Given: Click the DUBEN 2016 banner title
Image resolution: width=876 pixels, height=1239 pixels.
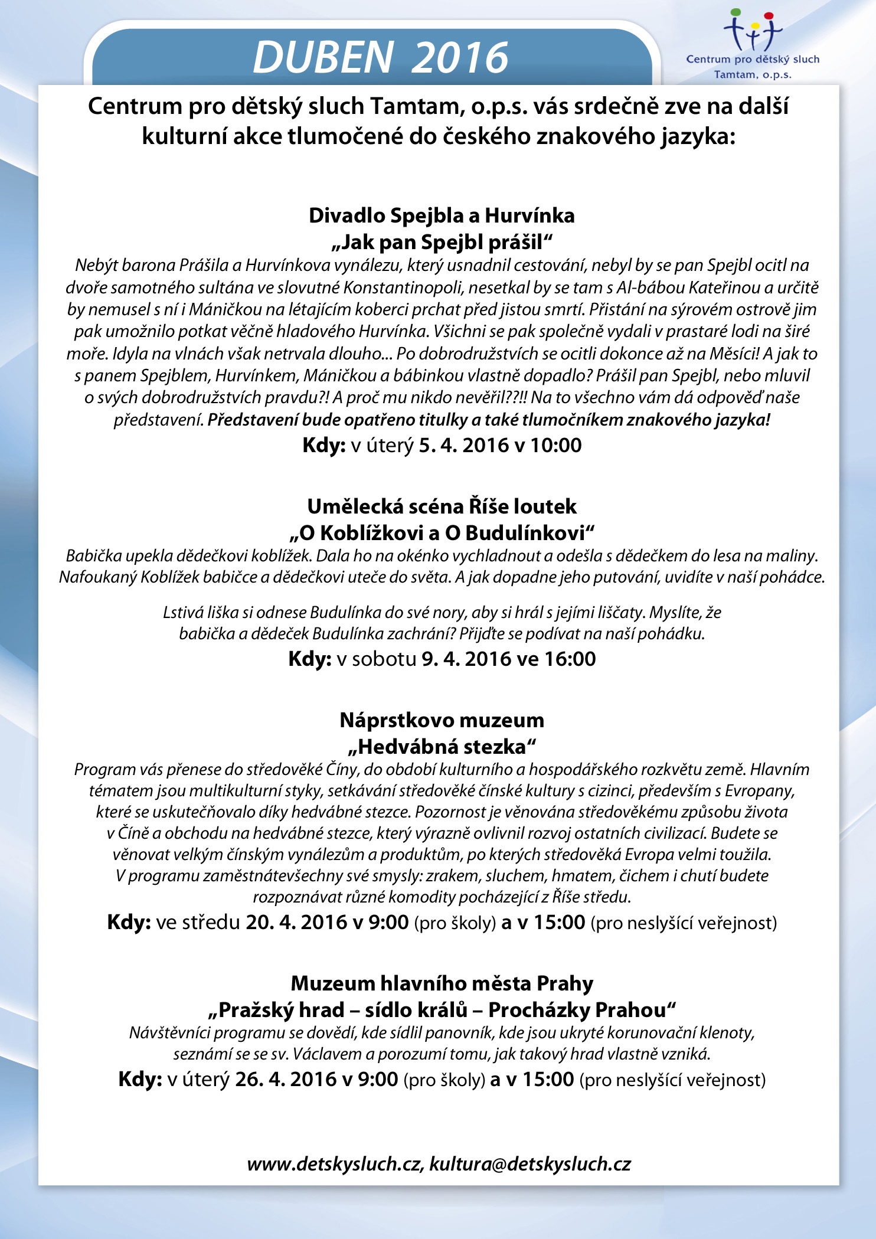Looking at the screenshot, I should coord(380,57).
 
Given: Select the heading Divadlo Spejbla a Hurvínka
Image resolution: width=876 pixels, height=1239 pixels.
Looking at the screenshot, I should coord(442,215).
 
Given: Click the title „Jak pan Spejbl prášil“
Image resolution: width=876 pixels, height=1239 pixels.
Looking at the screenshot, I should coord(442,242).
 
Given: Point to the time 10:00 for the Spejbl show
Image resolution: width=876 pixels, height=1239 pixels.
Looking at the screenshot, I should coord(555,445).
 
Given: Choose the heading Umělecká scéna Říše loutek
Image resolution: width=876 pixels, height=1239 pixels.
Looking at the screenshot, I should coord(442,506).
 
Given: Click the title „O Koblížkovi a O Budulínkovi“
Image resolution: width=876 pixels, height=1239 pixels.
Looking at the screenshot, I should coord(442,532).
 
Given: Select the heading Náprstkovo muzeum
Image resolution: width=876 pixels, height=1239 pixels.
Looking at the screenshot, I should coord(442,720).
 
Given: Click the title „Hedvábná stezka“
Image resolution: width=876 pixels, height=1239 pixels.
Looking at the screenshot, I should coord(442,747).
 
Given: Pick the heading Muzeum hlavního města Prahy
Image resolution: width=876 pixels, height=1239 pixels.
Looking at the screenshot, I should coord(442,983).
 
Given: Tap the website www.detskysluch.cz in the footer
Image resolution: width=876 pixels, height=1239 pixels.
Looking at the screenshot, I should coord(334,1164).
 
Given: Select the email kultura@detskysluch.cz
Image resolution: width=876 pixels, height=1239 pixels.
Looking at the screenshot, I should coord(530,1164).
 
